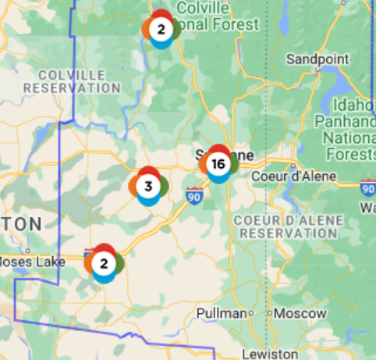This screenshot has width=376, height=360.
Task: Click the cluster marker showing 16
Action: (x=218, y=164)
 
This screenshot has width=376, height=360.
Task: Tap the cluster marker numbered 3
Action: (x=148, y=187)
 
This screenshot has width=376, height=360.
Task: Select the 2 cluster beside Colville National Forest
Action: (x=161, y=30)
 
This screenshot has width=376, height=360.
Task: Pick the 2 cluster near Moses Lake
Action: (x=104, y=263)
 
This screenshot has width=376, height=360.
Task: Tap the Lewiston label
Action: (x=269, y=353)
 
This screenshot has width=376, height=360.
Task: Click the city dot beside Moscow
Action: (x=272, y=313)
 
